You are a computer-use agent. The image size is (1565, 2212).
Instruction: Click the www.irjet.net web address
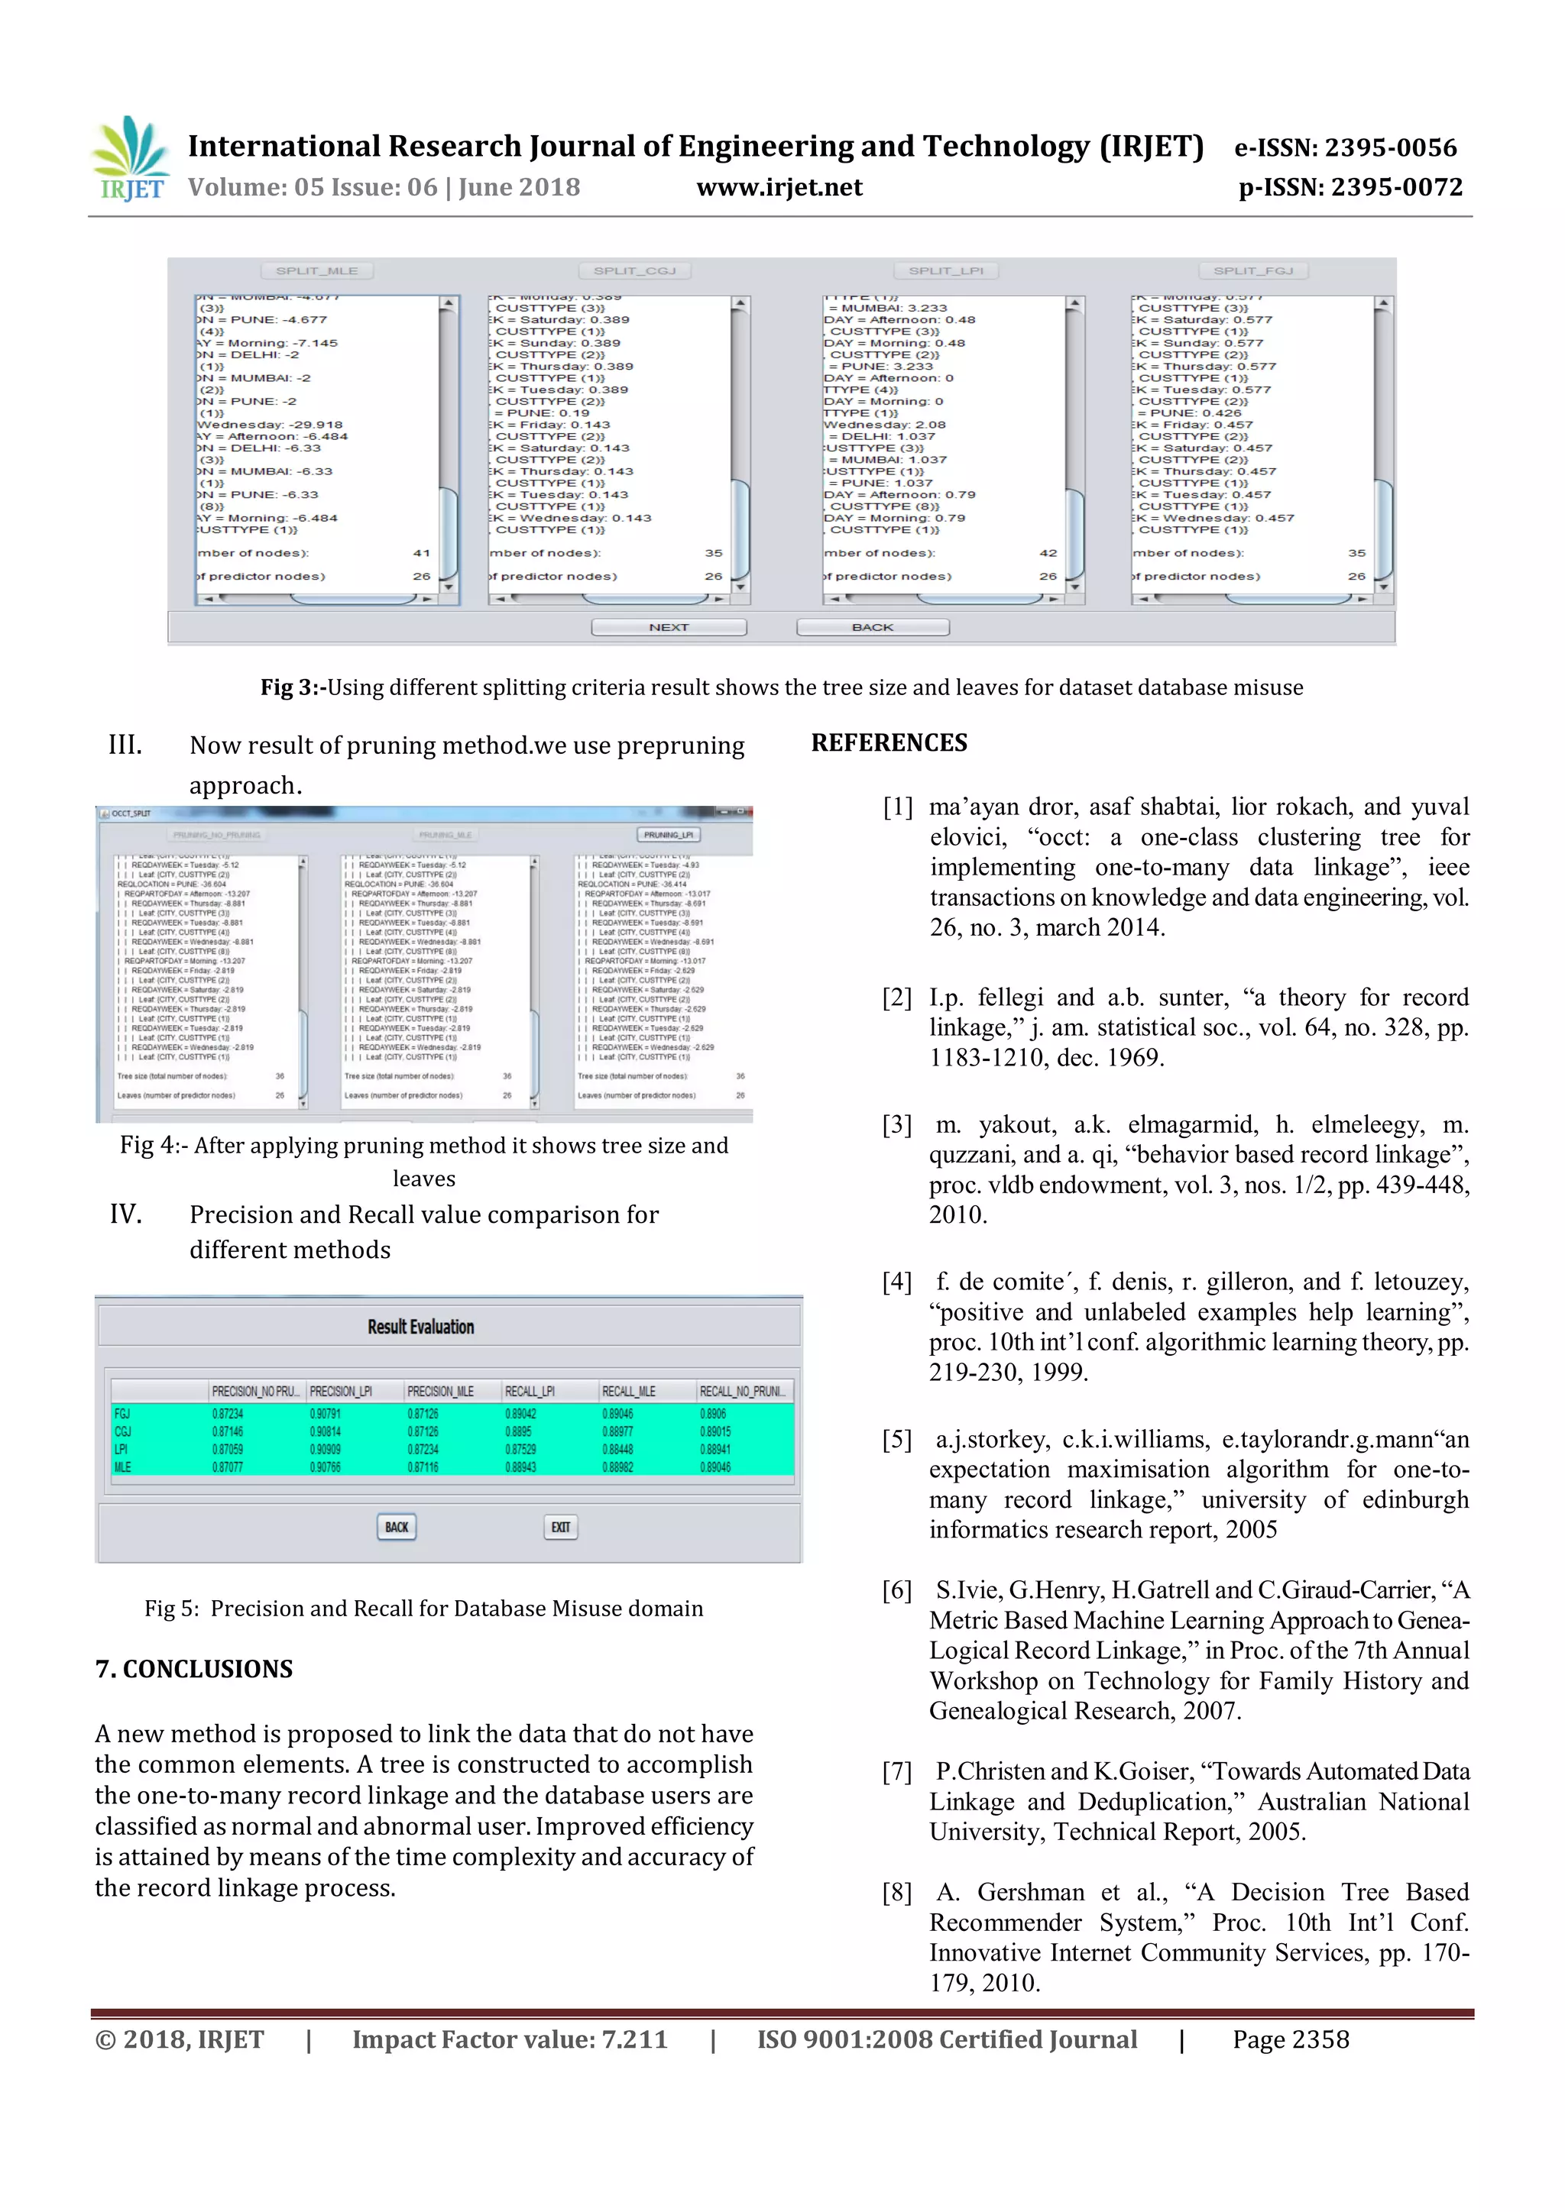tap(779, 187)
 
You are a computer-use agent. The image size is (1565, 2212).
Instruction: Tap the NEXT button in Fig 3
tap(669, 627)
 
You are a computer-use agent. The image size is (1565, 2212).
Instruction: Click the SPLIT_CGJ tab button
tap(634, 270)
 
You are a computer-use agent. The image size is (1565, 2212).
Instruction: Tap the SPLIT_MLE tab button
tap(316, 270)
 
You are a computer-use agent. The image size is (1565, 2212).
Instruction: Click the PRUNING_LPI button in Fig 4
tap(668, 834)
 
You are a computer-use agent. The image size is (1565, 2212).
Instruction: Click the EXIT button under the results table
tap(561, 1527)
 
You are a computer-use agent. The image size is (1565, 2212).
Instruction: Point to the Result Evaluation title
tap(420, 1327)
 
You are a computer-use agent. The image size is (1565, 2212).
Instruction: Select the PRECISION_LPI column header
tap(341, 1391)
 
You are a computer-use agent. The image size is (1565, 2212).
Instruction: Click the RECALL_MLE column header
tap(628, 1391)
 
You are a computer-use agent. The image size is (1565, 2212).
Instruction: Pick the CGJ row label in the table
tap(123, 1431)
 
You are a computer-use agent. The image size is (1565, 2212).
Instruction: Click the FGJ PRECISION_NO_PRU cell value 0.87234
tap(228, 1413)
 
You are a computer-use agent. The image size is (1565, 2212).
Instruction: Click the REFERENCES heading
tap(889, 742)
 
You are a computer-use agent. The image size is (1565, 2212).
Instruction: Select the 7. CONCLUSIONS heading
tap(193, 1669)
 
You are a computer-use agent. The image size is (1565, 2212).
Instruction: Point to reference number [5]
tap(896, 1439)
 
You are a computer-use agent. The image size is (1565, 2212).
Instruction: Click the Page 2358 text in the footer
tap(1291, 2039)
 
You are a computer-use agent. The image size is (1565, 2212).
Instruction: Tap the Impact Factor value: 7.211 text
tap(509, 2039)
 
